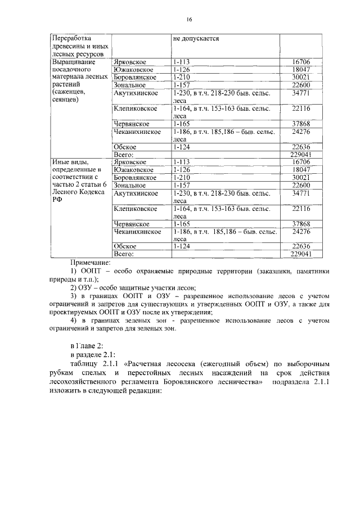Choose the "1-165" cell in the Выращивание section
click(181, 123)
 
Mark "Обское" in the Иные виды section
click(125, 246)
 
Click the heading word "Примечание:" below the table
click(91, 262)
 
